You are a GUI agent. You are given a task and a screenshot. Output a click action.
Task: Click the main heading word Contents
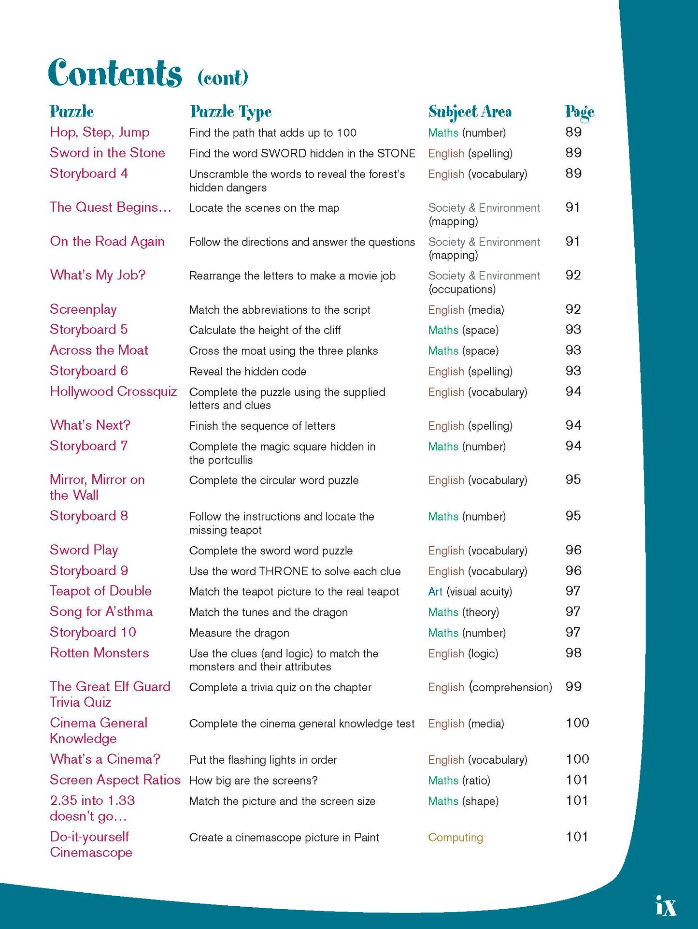[x=115, y=73]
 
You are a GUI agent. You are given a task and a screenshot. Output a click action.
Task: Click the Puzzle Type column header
[x=230, y=112]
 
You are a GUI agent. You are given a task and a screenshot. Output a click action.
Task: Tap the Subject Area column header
[x=470, y=112]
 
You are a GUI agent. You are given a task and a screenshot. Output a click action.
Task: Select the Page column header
[x=579, y=112]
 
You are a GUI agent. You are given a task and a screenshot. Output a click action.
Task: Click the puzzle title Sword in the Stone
[x=107, y=153]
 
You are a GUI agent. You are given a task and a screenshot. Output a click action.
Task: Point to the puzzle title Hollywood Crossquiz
[x=113, y=392]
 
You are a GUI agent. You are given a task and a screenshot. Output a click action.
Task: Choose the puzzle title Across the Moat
[x=99, y=350]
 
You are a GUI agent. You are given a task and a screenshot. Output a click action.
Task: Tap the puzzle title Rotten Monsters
[x=99, y=653]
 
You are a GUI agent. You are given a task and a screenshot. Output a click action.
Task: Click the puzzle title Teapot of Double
[x=100, y=591]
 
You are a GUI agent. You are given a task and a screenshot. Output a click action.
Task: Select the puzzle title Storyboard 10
[x=93, y=632]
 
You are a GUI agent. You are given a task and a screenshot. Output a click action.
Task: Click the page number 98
[x=573, y=653]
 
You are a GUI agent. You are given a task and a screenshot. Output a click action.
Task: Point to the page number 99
[x=573, y=687]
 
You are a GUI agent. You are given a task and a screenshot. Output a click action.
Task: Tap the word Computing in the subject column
[x=455, y=837]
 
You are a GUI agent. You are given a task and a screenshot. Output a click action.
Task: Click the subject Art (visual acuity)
[x=470, y=592]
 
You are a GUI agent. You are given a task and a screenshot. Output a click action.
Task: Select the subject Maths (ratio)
[x=459, y=780]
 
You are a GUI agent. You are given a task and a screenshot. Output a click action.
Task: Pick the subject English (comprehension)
[x=489, y=687]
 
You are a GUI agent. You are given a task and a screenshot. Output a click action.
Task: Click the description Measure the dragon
[x=239, y=633]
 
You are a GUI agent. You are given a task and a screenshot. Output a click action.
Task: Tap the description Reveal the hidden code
[x=247, y=371]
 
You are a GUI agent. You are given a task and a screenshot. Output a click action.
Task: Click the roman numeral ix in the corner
[x=666, y=906]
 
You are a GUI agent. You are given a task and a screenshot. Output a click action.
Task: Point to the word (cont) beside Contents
[x=223, y=77]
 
